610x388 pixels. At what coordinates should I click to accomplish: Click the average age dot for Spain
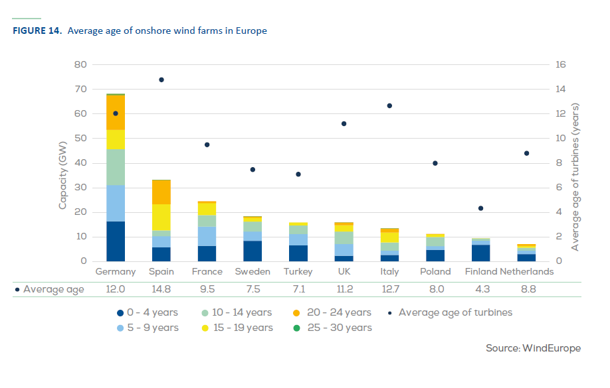[161, 80]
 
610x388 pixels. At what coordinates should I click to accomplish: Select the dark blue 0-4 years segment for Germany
[116, 241]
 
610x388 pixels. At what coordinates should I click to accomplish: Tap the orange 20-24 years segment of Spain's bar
[161, 192]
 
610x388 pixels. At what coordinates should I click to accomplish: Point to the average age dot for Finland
[480, 208]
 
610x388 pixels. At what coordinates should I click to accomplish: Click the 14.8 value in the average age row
[161, 289]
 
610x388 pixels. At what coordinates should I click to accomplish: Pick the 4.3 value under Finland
[480, 289]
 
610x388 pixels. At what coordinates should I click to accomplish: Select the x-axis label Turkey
[298, 271]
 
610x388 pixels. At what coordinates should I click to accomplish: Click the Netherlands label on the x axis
[526, 271]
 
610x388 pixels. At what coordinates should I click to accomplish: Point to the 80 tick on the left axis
[81, 64]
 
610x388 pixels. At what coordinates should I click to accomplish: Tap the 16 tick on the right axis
[560, 64]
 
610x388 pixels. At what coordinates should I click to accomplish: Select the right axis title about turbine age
[575, 176]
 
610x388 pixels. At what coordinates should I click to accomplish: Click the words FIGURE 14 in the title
[37, 31]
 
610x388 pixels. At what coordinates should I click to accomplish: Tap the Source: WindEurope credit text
[534, 348]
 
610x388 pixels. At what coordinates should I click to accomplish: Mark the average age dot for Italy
[389, 105]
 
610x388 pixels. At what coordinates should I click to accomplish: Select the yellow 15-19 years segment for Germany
[116, 139]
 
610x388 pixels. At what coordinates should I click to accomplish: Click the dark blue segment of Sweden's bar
[253, 251]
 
